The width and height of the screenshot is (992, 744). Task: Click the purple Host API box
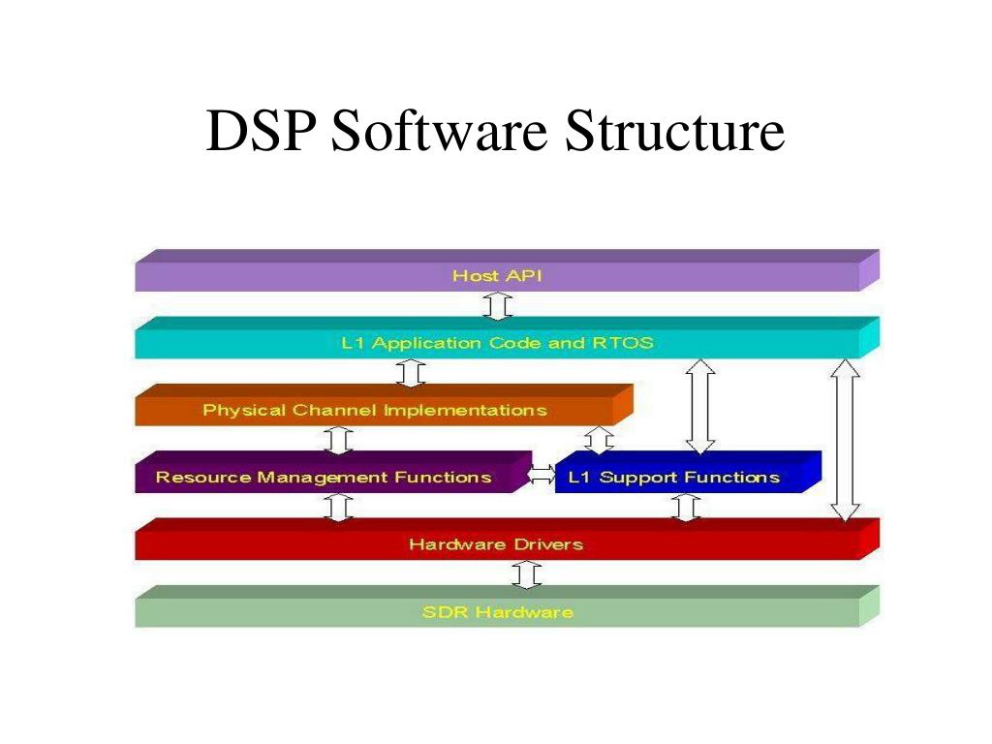pos(497,276)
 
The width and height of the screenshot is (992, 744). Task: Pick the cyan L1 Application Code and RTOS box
pos(497,343)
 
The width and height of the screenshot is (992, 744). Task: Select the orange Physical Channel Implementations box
pos(375,410)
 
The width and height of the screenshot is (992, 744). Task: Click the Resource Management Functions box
pos(324,477)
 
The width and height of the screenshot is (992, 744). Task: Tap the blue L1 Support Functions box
pos(674,477)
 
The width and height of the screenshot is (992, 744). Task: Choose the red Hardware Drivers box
pos(497,544)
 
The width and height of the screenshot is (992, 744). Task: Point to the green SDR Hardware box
pos(497,612)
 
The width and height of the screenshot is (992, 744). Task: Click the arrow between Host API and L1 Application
pos(497,306)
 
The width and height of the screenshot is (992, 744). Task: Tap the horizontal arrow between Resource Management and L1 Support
pos(542,475)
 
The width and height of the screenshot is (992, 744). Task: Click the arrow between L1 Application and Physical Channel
pos(411,373)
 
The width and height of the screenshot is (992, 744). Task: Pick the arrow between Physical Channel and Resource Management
pos(338,440)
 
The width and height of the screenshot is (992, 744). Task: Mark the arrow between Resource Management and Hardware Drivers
pos(338,507)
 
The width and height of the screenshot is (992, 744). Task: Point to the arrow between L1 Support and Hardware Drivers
pos(686,507)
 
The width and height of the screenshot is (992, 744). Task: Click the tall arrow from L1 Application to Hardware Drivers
pos(846,440)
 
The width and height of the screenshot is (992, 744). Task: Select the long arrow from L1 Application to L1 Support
pos(699,406)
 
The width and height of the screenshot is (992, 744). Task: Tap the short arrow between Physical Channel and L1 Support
pos(600,441)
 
